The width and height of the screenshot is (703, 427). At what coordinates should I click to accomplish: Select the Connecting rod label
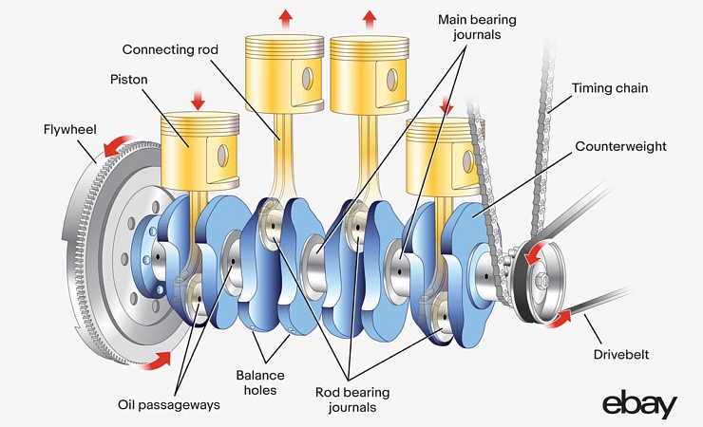(x=169, y=47)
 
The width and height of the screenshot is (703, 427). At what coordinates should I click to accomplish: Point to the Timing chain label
(x=610, y=88)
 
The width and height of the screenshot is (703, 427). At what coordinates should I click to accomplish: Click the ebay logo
(x=639, y=402)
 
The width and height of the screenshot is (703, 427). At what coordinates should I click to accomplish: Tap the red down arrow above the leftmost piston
(x=197, y=100)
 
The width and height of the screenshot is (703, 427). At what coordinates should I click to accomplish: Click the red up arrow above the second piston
(x=284, y=18)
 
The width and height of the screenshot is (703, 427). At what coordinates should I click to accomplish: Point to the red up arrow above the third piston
(x=370, y=18)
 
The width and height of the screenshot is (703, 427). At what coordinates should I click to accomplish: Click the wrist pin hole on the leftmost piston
(x=221, y=153)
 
